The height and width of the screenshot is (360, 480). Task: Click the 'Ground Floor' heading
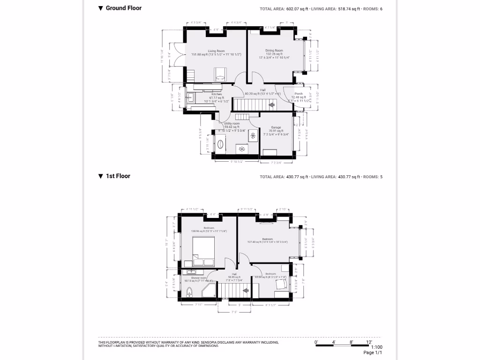(x=123, y=8)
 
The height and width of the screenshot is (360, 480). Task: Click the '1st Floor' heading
(x=118, y=176)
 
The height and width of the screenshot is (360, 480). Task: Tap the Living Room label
(x=216, y=51)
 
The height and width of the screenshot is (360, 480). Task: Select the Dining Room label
(x=274, y=51)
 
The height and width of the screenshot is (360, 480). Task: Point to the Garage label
(x=276, y=127)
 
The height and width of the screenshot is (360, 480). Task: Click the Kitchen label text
(x=216, y=94)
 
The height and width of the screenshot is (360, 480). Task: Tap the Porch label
(x=299, y=94)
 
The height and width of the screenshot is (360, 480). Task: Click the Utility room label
(x=232, y=123)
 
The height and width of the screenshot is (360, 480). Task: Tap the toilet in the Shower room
(x=189, y=293)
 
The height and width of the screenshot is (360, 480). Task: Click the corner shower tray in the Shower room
(x=209, y=291)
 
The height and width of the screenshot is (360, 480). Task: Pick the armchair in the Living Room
(x=220, y=74)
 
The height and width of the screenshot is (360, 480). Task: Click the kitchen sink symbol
(x=190, y=98)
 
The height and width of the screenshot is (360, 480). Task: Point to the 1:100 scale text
(x=376, y=347)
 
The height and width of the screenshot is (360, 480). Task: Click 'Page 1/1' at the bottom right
(x=373, y=353)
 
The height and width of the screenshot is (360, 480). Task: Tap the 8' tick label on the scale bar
(x=351, y=342)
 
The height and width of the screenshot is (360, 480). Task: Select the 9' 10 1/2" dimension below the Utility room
(x=237, y=162)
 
